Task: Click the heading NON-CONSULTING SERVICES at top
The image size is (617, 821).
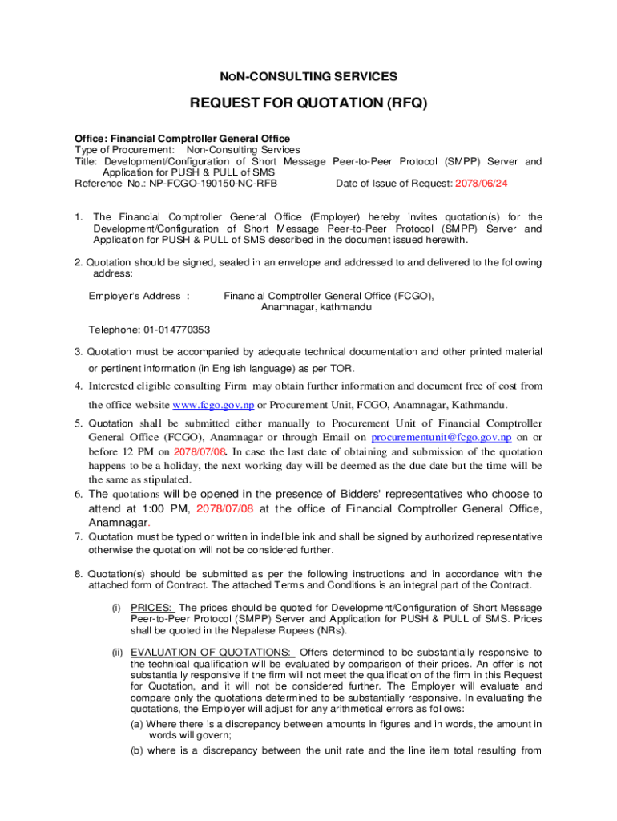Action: pos(308,77)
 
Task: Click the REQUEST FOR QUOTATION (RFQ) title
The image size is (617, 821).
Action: pos(308,103)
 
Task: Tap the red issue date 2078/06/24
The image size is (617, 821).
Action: pos(482,184)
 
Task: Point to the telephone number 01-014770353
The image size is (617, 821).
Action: pos(177,330)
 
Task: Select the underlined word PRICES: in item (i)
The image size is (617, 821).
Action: pos(151,608)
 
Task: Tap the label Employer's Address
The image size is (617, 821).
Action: pos(135,296)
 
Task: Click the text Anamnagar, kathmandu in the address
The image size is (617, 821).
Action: pos(316,307)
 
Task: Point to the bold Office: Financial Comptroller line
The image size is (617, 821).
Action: pos(183,139)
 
